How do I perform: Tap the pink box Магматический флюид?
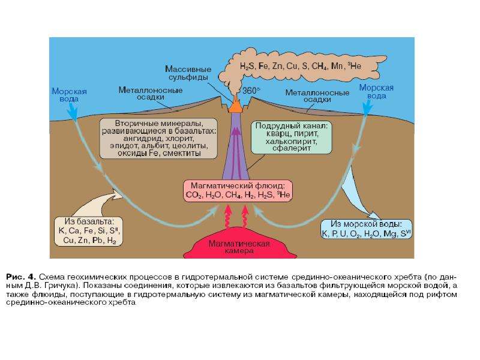click(238, 190)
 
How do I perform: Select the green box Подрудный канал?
click(291, 137)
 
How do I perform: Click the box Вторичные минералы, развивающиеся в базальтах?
click(158, 139)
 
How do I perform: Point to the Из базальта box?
click(88, 231)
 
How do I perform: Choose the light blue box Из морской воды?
click(366, 229)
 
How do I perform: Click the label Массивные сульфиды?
click(188, 73)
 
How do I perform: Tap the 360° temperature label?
click(251, 91)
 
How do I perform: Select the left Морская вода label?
click(69, 95)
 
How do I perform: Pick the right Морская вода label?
click(376, 92)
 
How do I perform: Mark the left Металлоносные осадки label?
click(151, 94)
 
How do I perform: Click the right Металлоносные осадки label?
click(317, 96)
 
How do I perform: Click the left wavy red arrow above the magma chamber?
click(228, 216)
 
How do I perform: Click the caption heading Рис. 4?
click(21, 277)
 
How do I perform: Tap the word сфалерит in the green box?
click(292, 148)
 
